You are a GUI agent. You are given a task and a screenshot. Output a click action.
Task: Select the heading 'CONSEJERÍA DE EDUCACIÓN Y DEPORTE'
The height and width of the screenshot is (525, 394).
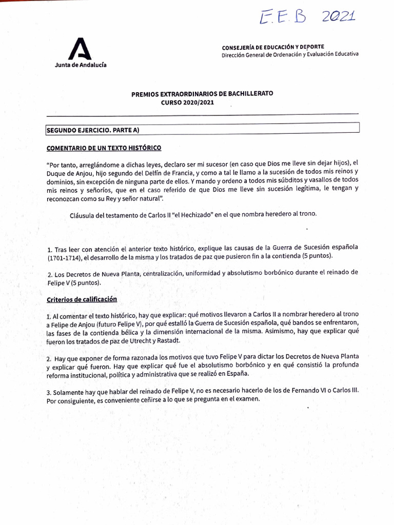pos(272,47)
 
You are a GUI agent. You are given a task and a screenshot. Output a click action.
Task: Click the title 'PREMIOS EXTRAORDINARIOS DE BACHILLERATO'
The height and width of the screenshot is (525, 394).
pos(202,94)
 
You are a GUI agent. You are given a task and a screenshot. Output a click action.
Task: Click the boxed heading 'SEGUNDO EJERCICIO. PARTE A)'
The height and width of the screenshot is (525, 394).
pos(93,131)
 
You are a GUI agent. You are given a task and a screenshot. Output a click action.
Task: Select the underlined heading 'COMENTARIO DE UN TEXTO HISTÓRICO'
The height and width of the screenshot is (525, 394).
pos(104,148)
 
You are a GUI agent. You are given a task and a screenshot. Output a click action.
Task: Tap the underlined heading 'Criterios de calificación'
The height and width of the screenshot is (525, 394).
pos(82,299)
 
